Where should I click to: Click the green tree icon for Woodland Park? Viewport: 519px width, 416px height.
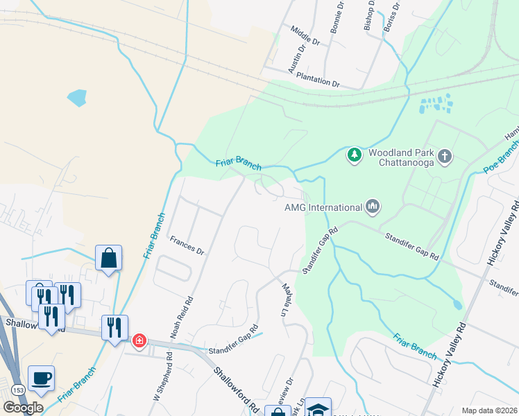pos(355,154)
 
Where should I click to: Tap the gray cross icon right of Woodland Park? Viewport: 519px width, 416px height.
pos(445,157)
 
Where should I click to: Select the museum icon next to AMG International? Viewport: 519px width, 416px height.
pos(373,206)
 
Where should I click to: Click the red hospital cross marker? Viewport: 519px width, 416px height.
pos(139,340)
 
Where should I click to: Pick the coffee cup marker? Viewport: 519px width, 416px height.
pos(42,379)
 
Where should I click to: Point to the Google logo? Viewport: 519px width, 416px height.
pos(23,408)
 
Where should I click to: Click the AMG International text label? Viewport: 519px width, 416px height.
pos(323,207)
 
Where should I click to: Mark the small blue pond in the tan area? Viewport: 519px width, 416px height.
pos(77,97)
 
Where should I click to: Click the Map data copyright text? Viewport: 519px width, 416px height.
pos(489,410)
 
